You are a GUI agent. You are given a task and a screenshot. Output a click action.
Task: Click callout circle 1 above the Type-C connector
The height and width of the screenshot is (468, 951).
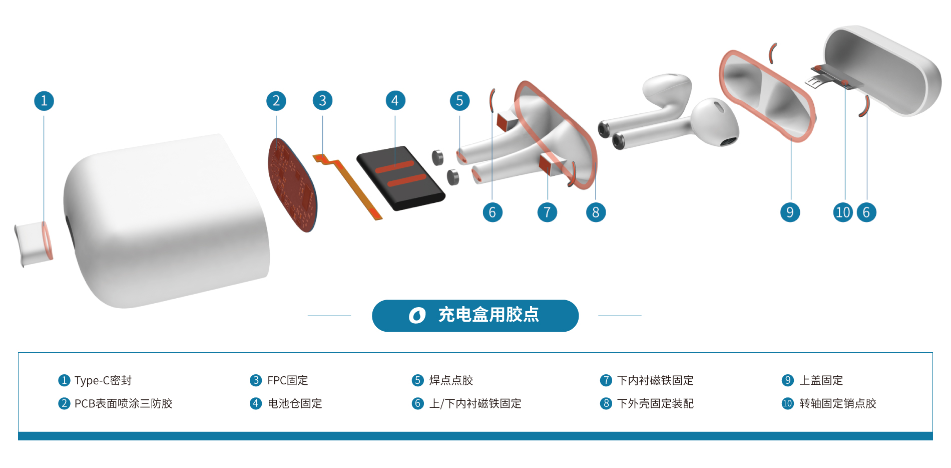click(x=44, y=101)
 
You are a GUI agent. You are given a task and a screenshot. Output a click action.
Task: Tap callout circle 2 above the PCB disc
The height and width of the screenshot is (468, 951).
click(x=276, y=101)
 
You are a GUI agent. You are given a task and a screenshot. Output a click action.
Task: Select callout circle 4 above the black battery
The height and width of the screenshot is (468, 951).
click(x=395, y=101)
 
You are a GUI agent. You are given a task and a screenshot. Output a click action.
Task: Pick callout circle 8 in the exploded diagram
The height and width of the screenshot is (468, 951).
click(x=596, y=212)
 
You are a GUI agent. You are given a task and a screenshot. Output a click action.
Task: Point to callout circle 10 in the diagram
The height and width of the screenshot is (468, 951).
click(x=843, y=212)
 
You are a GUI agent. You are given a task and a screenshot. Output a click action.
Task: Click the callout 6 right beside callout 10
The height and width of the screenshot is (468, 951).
click(x=866, y=212)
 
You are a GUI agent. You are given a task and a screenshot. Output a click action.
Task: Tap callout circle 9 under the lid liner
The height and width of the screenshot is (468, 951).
click(x=790, y=212)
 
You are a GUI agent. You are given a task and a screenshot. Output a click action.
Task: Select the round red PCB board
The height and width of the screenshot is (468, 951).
click(x=293, y=185)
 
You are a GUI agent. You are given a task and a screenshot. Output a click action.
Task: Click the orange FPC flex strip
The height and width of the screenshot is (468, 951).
click(x=350, y=185)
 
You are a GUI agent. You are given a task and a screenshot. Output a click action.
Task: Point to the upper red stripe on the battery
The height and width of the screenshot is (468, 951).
click(x=394, y=166)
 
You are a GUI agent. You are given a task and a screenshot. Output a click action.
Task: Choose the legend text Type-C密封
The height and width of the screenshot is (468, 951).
click(x=103, y=380)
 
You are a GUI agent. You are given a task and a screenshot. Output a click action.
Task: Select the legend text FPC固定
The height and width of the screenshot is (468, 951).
click(x=287, y=380)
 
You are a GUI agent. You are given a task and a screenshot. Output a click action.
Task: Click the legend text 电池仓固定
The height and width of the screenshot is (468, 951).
click(x=294, y=403)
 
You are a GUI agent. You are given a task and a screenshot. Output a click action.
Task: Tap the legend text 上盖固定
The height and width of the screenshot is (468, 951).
click(x=821, y=380)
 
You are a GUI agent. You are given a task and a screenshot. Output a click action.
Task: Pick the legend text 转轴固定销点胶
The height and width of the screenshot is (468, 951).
click(x=837, y=403)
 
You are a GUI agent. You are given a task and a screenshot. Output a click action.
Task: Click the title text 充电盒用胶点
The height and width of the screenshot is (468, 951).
click(x=489, y=315)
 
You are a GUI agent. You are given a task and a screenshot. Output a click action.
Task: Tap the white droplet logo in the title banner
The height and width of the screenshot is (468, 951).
click(x=417, y=315)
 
